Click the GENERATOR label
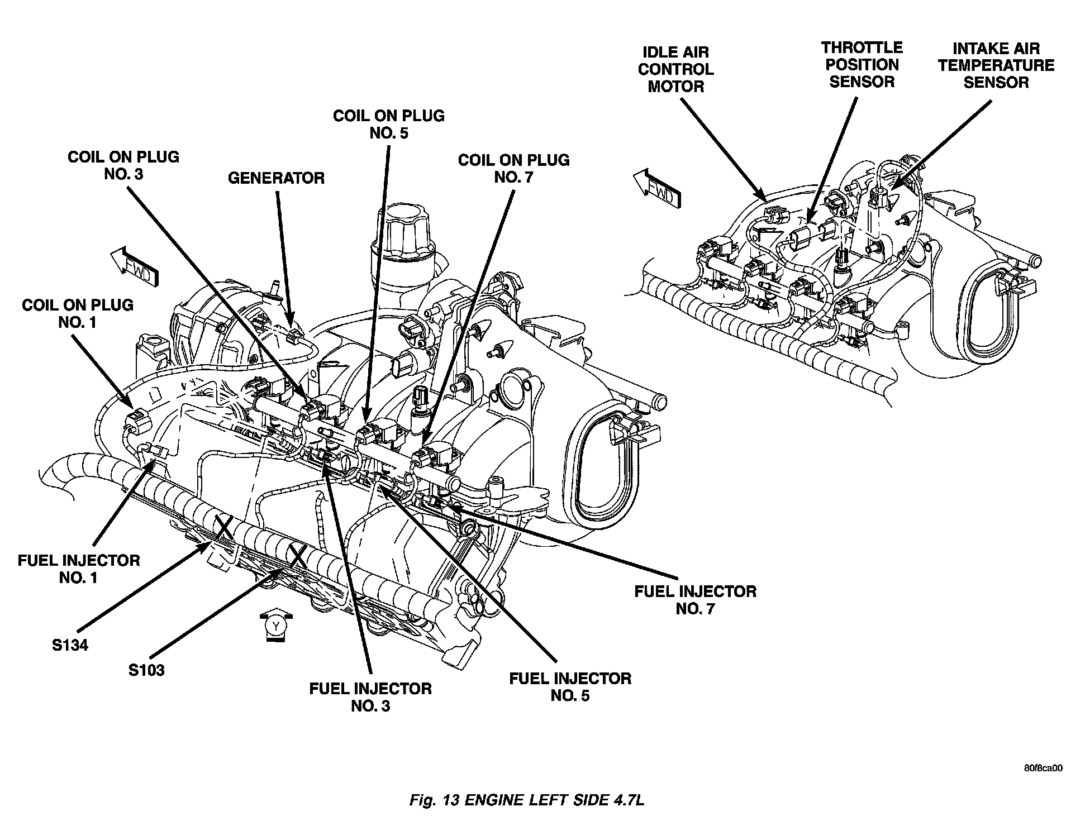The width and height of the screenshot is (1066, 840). pos(276,178)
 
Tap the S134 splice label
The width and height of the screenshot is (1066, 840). pos(70,645)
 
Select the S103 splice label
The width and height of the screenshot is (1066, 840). pos(146,670)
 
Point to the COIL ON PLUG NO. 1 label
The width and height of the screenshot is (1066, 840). pos(78,313)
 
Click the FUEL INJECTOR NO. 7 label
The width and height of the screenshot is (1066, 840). pos(695,600)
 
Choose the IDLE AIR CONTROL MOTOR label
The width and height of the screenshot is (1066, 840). pos(675,69)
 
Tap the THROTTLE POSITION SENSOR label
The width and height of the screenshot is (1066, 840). pos(862,65)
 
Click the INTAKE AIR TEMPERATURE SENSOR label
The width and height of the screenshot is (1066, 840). pos(996,65)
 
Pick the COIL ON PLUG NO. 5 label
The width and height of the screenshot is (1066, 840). pos(388,124)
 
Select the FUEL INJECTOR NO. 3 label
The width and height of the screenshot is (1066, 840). pos(370,697)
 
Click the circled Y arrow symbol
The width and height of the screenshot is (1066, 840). pos(276,627)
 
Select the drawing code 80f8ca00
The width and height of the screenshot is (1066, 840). pos(1043,769)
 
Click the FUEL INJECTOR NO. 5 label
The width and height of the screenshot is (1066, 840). pos(570,687)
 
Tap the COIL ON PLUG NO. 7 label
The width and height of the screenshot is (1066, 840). pos(513,168)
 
